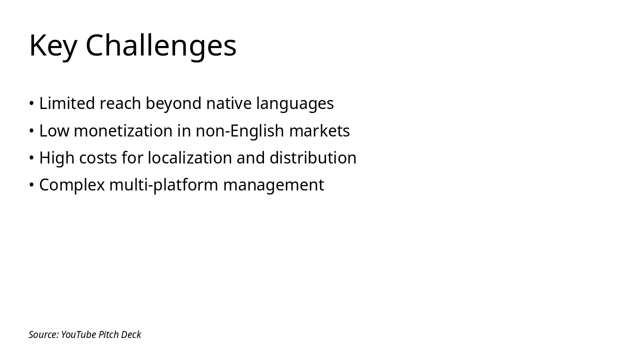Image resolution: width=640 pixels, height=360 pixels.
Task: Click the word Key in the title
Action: [x=53, y=45]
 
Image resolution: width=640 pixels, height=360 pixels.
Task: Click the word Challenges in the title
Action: [x=160, y=45]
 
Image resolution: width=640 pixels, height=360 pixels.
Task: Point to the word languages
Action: [x=294, y=103]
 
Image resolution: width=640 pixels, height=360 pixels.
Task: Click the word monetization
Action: [x=123, y=131]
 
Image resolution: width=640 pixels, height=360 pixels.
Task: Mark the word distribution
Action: [x=312, y=158]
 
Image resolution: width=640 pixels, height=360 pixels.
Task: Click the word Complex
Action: [x=71, y=185]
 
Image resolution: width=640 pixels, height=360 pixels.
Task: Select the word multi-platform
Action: [x=163, y=185]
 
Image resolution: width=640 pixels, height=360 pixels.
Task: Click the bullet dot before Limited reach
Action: [x=31, y=103]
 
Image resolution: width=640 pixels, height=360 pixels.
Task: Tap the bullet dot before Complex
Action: [x=31, y=185]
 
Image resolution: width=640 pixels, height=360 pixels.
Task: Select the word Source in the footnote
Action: [x=43, y=334]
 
